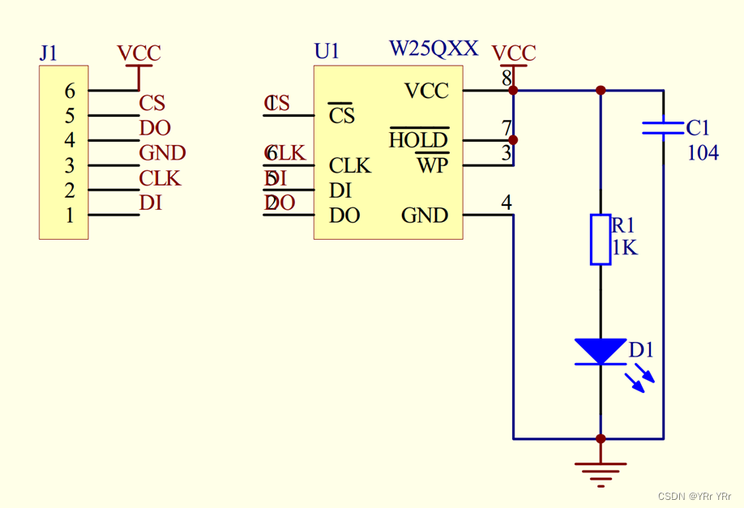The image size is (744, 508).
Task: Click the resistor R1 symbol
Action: [x=600, y=239]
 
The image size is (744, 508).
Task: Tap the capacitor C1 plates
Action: [x=663, y=128]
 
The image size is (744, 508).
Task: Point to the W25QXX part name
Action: [x=434, y=49]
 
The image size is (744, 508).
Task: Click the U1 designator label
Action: [x=327, y=51]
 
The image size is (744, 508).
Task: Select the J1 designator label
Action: [x=49, y=53]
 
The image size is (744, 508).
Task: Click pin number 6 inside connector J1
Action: [x=70, y=92]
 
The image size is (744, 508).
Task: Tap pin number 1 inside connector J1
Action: [x=70, y=216]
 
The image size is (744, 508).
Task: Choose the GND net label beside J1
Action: [x=162, y=152]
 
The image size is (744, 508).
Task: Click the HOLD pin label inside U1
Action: [x=418, y=140]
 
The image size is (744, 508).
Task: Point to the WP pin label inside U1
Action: [x=432, y=166]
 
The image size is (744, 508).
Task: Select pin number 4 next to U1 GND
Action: [x=507, y=203]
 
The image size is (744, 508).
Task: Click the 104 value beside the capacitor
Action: [x=703, y=152]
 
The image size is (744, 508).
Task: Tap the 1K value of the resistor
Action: [x=624, y=248]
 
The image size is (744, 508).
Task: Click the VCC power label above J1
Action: [x=139, y=53]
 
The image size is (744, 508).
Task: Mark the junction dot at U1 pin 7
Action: [x=513, y=140]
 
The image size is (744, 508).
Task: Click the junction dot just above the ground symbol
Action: [x=601, y=439]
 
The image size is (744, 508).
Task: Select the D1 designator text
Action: [x=641, y=351]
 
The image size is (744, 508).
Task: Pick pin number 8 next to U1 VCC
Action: [x=507, y=79]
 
